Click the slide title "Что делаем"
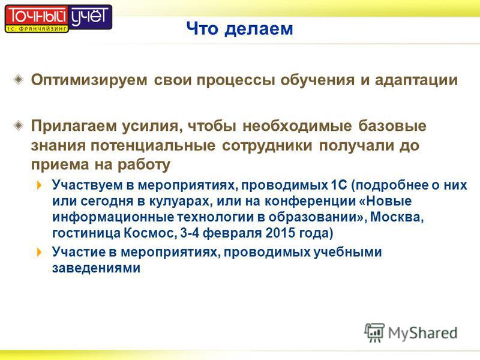[x=239, y=28]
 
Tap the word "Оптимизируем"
[x=89, y=80]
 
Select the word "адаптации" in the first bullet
[x=416, y=80]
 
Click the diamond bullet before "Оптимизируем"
[x=19, y=80]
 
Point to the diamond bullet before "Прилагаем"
[x=19, y=125]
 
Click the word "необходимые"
[x=297, y=126]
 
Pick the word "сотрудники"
[x=267, y=146]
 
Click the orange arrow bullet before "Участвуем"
[x=39, y=185]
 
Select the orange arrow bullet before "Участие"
[x=39, y=252]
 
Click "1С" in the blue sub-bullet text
[x=339, y=185]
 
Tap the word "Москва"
[x=397, y=217]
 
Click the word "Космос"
[x=150, y=233]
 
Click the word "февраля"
[x=233, y=233]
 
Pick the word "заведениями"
[x=96, y=268]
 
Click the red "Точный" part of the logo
[x=37, y=16]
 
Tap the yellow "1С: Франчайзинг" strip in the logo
[x=37, y=29]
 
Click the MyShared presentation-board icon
[x=374, y=332]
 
